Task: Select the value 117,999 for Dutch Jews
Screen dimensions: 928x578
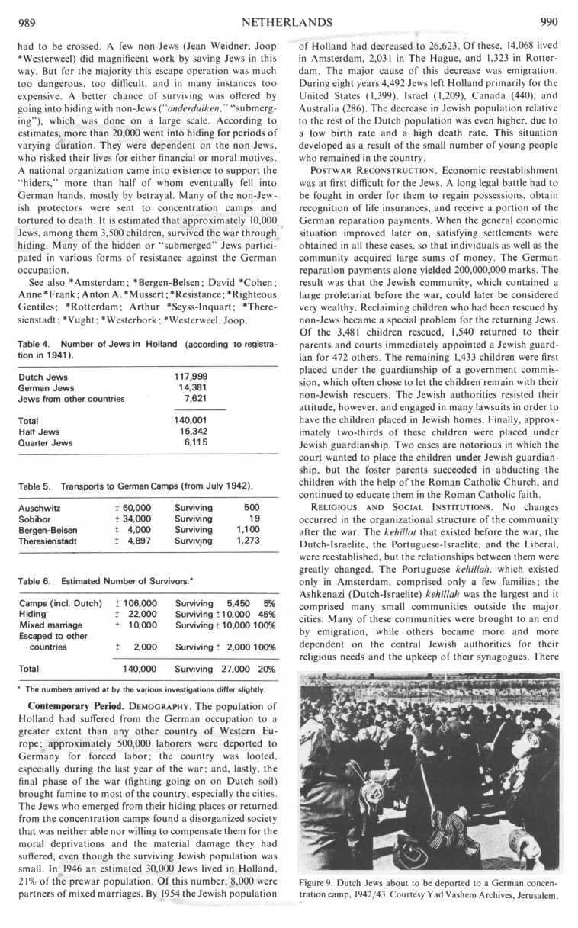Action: coord(191,376)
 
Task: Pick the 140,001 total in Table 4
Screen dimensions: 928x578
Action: coord(191,420)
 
